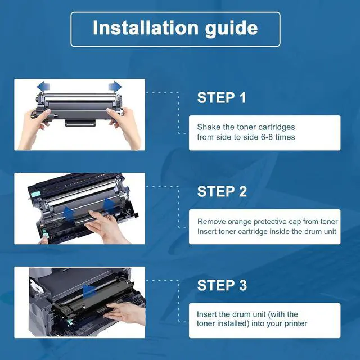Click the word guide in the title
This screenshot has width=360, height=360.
(x=231, y=29)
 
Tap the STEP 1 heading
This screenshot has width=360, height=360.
(x=222, y=97)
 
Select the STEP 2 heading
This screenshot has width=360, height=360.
(x=222, y=191)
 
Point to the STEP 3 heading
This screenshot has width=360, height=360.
(x=222, y=285)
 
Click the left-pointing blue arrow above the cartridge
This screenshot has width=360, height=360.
(x=43, y=87)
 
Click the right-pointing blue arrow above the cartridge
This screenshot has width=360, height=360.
(x=115, y=87)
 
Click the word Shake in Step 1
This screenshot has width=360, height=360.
(x=207, y=127)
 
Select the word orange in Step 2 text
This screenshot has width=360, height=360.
(x=240, y=222)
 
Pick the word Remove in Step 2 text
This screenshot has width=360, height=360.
(x=211, y=222)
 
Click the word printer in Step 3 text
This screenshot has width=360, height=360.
(x=296, y=324)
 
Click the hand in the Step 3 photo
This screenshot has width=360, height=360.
(x=125, y=313)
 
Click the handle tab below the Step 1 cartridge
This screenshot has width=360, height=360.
(x=80, y=123)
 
